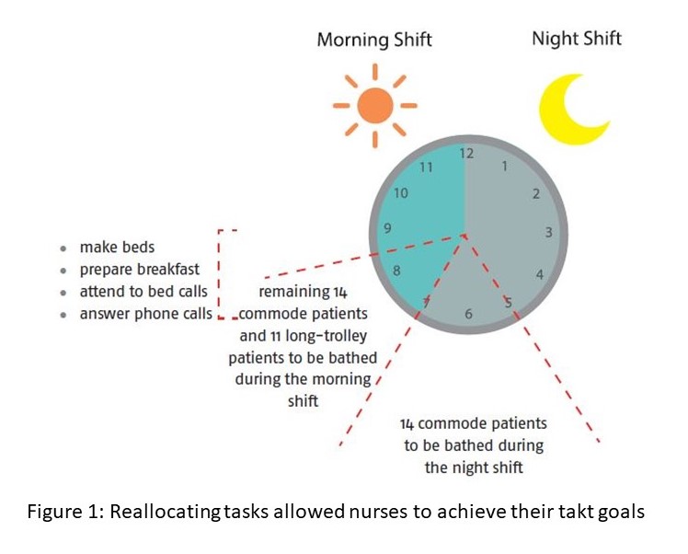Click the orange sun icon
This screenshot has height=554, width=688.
tap(375, 105)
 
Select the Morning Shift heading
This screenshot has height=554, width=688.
tap(374, 40)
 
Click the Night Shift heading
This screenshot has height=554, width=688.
tap(577, 39)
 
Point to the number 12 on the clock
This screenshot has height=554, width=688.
tap(466, 153)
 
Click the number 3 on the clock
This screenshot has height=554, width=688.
tap(548, 232)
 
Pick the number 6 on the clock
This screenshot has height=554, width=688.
tap(468, 314)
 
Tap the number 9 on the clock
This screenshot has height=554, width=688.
tap(387, 228)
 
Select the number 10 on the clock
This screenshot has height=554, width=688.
tap(401, 193)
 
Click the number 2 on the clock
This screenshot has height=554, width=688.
tap(535, 193)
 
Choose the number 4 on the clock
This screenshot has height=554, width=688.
tap(540, 274)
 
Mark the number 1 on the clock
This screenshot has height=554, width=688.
tap(505, 166)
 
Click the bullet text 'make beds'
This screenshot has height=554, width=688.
tap(117, 248)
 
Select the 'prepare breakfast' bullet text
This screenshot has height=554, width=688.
tap(140, 269)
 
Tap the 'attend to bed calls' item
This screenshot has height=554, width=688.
tap(143, 292)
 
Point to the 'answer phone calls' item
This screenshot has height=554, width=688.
tap(145, 314)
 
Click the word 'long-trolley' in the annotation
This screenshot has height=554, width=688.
tap(326, 336)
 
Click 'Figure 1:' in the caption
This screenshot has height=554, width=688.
tap(66, 512)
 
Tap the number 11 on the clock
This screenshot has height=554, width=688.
tap(426, 167)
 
